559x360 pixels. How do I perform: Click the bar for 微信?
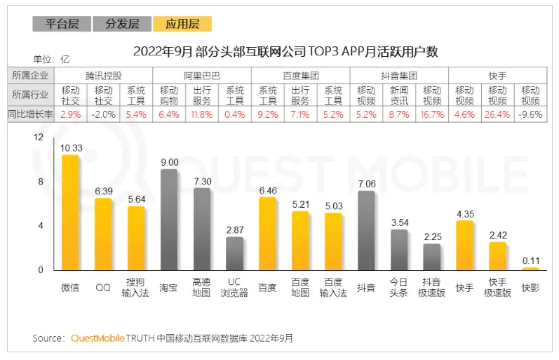coord(70,213)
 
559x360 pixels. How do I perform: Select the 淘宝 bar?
coord(168,220)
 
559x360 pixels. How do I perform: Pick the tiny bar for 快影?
coord(530,269)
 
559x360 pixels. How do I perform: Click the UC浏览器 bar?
coord(234,253)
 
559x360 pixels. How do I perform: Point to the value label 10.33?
coord(71,148)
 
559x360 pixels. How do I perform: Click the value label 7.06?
coord(367,184)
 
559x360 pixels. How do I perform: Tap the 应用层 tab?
coord(182,24)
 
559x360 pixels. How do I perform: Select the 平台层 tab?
coord(62,24)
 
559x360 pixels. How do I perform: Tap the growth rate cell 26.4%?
coord(497,114)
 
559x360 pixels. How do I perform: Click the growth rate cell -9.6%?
coord(530,114)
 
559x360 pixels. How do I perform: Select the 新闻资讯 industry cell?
coord(399,95)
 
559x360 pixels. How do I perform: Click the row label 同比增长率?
coord(31,114)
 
